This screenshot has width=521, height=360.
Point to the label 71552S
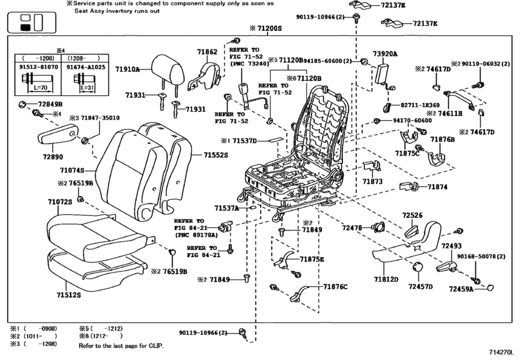pos(217,155)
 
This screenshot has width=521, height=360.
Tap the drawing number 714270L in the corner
pos(497,353)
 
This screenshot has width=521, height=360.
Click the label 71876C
pos(335,285)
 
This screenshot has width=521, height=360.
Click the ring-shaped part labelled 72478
pos(376,228)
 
